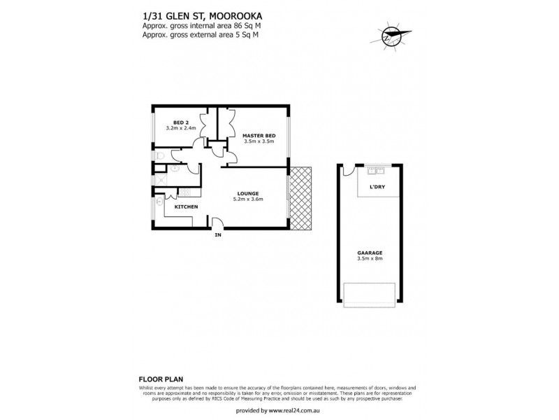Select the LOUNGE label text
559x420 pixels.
(248, 193)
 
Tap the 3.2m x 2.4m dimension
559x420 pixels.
(180, 128)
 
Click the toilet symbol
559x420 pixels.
(160, 156)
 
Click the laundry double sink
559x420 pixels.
(378, 171)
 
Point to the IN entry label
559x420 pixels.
(217, 236)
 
